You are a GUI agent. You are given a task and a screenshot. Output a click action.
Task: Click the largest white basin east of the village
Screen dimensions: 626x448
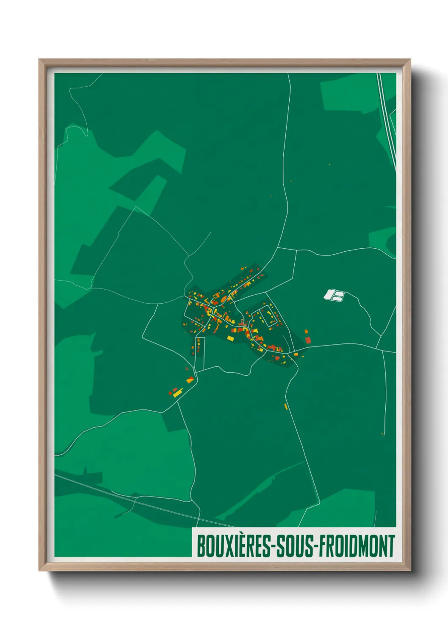[x=329, y=294]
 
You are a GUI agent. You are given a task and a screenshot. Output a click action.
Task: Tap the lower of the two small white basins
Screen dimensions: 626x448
[x=337, y=299]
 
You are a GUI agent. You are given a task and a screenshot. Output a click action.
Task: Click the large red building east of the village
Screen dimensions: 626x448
[x=308, y=340]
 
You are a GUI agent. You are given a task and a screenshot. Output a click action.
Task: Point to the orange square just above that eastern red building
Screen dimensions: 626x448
[x=306, y=332]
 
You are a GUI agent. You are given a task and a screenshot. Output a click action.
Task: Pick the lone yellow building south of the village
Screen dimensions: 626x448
[x=286, y=406]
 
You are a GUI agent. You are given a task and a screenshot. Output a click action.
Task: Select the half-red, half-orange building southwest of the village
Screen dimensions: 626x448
[x=190, y=380]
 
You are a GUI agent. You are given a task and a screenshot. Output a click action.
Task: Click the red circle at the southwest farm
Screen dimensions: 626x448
[x=170, y=393]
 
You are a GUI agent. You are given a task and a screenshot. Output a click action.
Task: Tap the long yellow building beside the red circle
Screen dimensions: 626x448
[x=177, y=393]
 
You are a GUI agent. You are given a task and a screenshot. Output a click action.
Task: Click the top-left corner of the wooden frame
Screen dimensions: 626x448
[x=40, y=60]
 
